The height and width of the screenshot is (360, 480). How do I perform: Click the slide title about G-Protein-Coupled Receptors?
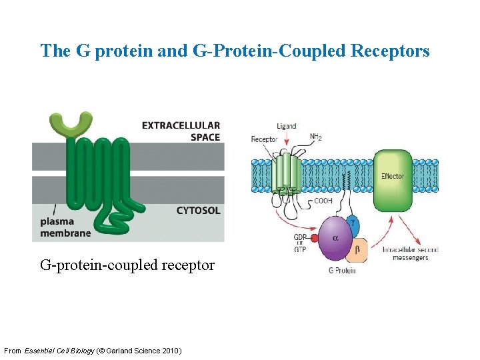[x=235, y=51]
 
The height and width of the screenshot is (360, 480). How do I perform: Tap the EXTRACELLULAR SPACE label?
[x=181, y=131]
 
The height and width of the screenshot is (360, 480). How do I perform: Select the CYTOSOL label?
[x=198, y=211]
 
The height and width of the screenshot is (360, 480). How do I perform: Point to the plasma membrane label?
[x=65, y=227]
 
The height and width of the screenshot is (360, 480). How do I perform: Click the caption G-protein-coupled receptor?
[x=127, y=265]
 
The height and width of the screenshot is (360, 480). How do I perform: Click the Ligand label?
[x=286, y=126]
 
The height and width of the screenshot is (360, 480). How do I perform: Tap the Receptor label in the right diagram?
[x=264, y=139]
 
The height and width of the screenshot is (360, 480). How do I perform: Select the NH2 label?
[x=316, y=137]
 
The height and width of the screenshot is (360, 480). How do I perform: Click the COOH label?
[x=323, y=200]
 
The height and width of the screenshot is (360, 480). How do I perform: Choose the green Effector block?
[x=392, y=176]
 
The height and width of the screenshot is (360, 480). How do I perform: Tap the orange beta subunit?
[x=356, y=251]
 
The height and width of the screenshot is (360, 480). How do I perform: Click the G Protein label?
[x=342, y=270]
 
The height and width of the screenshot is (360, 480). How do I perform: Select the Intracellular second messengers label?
[x=410, y=253]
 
